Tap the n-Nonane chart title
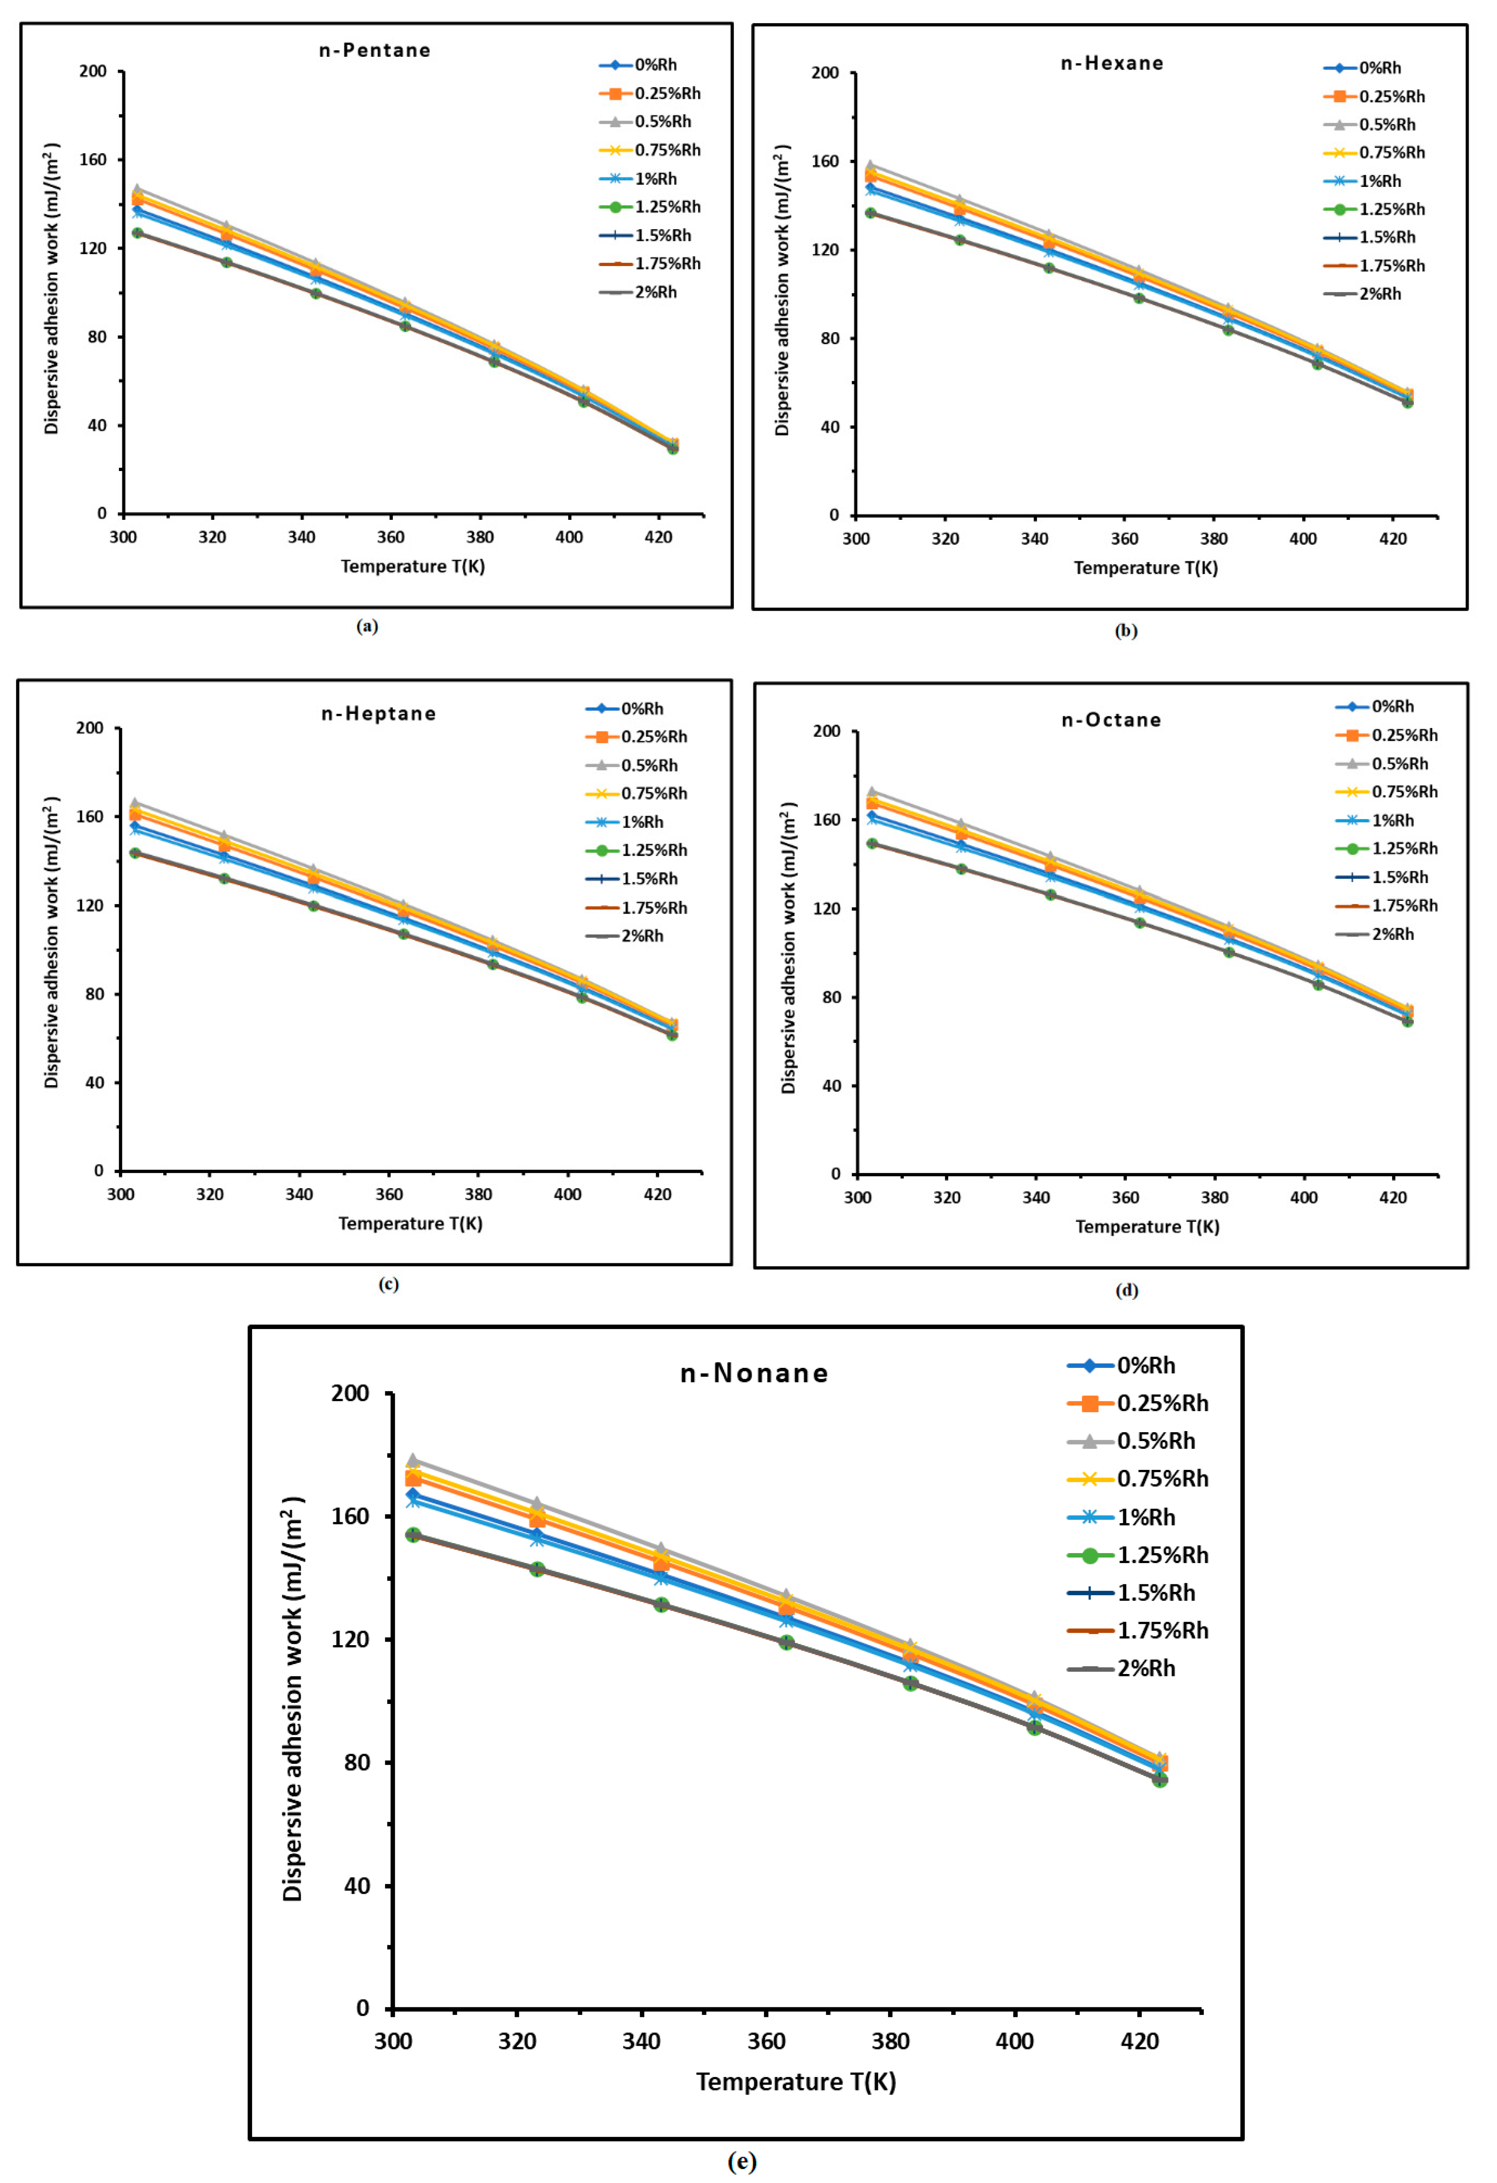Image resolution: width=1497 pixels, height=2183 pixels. click(754, 1373)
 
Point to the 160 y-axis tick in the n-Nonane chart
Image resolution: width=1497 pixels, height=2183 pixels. click(350, 1516)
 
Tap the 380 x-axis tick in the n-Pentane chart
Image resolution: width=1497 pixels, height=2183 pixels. click(480, 537)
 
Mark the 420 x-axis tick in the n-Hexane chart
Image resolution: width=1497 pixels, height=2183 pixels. click(1393, 539)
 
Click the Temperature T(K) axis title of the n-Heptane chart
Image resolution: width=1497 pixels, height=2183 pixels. click(410, 1223)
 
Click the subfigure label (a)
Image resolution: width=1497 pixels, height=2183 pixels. click(367, 627)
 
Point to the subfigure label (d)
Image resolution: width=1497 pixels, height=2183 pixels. click(1126, 1290)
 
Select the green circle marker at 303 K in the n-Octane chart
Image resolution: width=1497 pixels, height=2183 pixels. click(872, 844)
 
